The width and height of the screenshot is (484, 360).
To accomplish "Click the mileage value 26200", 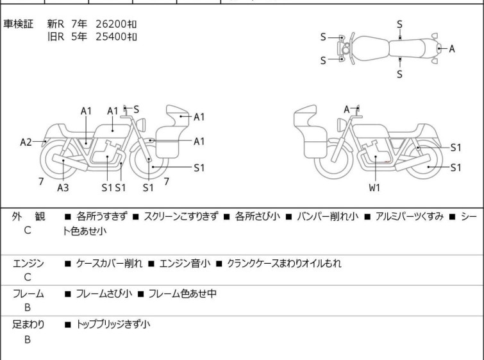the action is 111,24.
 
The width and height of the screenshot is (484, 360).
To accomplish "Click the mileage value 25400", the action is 111,37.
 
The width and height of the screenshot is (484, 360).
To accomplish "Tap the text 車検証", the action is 18,24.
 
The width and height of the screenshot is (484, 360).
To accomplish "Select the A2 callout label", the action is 26,142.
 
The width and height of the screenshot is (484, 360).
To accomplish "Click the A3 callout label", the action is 63,187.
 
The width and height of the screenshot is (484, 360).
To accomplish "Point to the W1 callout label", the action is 374,187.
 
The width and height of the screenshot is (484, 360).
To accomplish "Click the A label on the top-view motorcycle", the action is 451,49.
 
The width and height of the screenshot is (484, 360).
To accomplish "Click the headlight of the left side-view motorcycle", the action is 142,125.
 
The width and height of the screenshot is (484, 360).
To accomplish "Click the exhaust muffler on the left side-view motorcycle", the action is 70,162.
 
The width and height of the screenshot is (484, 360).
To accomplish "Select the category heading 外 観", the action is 28,216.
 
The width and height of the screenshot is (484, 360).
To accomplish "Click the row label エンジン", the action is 28,263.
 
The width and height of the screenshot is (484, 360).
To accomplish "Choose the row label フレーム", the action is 28,293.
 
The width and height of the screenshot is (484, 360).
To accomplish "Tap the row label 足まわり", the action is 28,324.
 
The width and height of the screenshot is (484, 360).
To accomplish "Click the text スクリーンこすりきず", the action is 181,216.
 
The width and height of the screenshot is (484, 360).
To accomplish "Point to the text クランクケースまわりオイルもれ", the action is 284,263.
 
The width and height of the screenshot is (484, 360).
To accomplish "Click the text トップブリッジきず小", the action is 113,324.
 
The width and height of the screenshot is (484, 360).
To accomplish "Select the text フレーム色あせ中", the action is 183,293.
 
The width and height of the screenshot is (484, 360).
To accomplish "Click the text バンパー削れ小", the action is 328,216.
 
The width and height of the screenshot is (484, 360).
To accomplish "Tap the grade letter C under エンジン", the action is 28,277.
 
